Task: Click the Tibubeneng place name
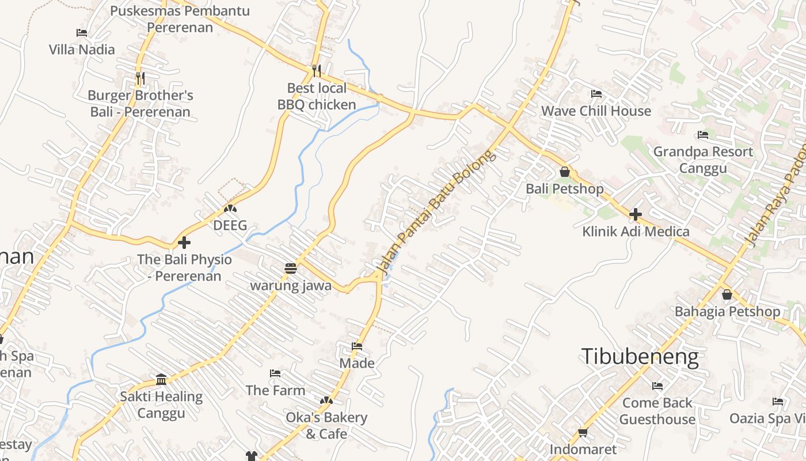(640, 357)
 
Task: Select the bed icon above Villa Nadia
(82, 33)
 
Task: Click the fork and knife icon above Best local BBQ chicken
(317, 71)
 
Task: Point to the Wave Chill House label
(596, 111)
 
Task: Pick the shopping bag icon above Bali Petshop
(564, 172)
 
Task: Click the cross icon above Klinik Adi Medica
(636, 215)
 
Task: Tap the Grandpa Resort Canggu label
(703, 160)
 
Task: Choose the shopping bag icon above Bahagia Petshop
(727, 294)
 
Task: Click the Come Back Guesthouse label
(657, 411)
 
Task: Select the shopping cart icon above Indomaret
(583, 432)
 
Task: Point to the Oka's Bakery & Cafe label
(326, 425)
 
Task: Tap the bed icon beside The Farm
(275, 373)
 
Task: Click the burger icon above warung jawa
(291, 269)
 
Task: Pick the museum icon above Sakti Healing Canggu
(161, 380)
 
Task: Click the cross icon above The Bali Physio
(184, 243)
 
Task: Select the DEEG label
(230, 225)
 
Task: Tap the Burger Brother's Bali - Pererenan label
(140, 104)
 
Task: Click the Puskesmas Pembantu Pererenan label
(180, 19)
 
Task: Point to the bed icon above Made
(357, 346)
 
